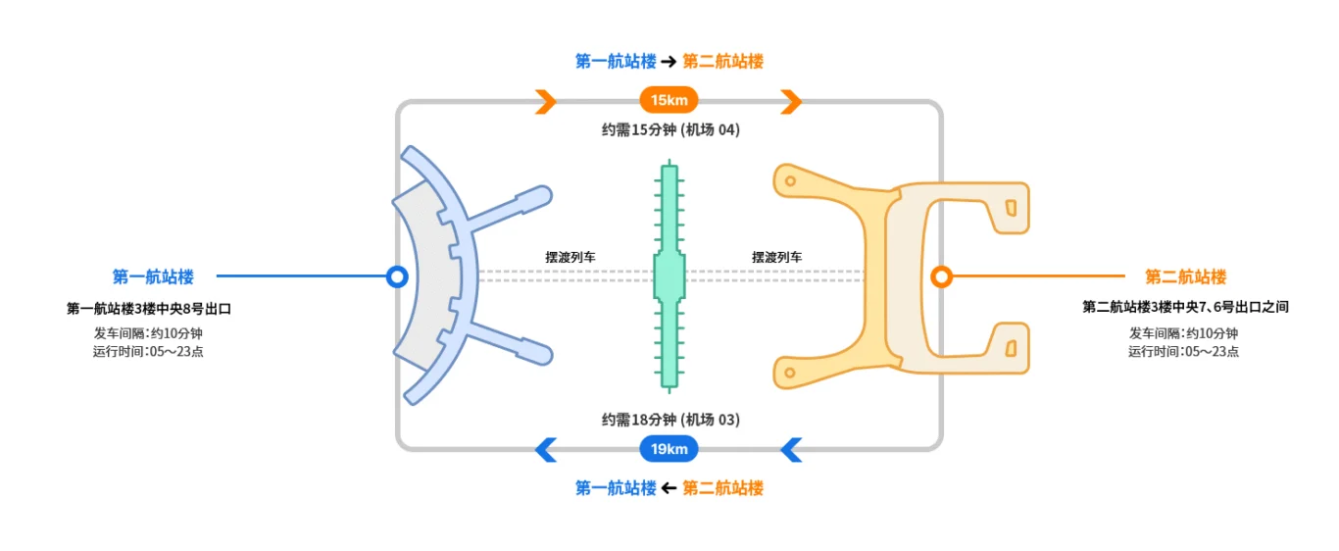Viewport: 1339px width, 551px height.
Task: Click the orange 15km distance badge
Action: pos(669,100)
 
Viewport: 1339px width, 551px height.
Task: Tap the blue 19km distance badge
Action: pos(669,449)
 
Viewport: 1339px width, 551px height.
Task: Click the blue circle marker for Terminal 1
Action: pos(397,276)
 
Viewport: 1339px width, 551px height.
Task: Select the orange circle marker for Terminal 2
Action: pos(941,276)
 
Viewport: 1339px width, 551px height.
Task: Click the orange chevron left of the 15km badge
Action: pos(546,102)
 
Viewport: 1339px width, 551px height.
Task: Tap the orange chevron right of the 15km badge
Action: pos(791,102)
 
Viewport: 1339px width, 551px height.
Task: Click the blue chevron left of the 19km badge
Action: pos(546,450)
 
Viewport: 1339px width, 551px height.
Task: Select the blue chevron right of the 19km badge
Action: pos(791,450)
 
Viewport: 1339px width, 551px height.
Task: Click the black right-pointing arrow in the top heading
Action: pos(669,62)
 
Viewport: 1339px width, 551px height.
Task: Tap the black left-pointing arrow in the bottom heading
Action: pos(669,488)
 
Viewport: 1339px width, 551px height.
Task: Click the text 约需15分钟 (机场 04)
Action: pos(670,129)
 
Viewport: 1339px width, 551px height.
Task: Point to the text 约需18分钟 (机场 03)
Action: pos(670,420)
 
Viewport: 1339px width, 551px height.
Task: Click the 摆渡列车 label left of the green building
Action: pos(570,258)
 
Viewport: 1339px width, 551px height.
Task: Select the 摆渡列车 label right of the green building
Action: pos(777,258)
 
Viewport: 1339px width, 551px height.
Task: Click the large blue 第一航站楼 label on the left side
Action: pos(153,276)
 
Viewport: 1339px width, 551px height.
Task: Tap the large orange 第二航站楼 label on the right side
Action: pos(1185,276)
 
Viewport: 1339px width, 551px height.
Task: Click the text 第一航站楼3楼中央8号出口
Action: pos(149,309)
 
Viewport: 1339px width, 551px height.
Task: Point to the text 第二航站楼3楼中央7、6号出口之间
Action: pos(1185,307)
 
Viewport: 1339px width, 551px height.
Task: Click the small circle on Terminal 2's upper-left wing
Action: pos(790,181)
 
